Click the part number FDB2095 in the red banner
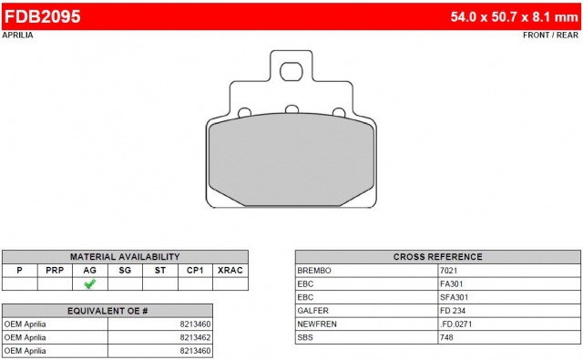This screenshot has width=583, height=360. pyautogui.click(x=43, y=16)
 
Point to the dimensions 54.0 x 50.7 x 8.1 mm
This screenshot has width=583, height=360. pyautogui.click(x=514, y=16)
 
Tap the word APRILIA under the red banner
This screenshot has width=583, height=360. pyautogui.click(x=17, y=35)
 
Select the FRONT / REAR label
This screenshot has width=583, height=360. pyautogui.click(x=550, y=35)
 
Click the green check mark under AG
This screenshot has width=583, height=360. pyautogui.click(x=90, y=283)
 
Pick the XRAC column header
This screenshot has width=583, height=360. pyautogui.click(x=230, y=271)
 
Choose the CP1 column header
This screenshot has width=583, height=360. pyautogui.click(x=195, y=271)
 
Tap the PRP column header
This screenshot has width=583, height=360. pyautogui.click(x=55, y=271)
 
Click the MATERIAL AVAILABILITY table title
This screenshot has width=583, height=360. pyautogui.click(x=125, y=257)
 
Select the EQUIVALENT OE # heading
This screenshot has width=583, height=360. pyautogui.click(x=107, y=311)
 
